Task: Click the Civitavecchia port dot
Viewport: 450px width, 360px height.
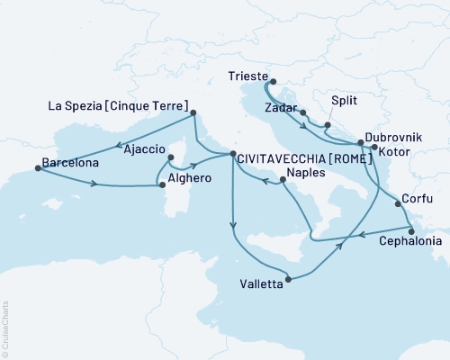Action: [233, 155]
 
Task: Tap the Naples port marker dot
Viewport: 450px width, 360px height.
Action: [283, 180]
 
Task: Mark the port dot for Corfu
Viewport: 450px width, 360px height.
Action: [398, 204]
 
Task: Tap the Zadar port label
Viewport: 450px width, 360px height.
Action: [280, 107]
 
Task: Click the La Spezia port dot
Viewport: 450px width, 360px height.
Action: [194, 114]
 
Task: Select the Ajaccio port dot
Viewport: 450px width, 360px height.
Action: [171, 156]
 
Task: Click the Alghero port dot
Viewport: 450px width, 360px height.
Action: [162, 186]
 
